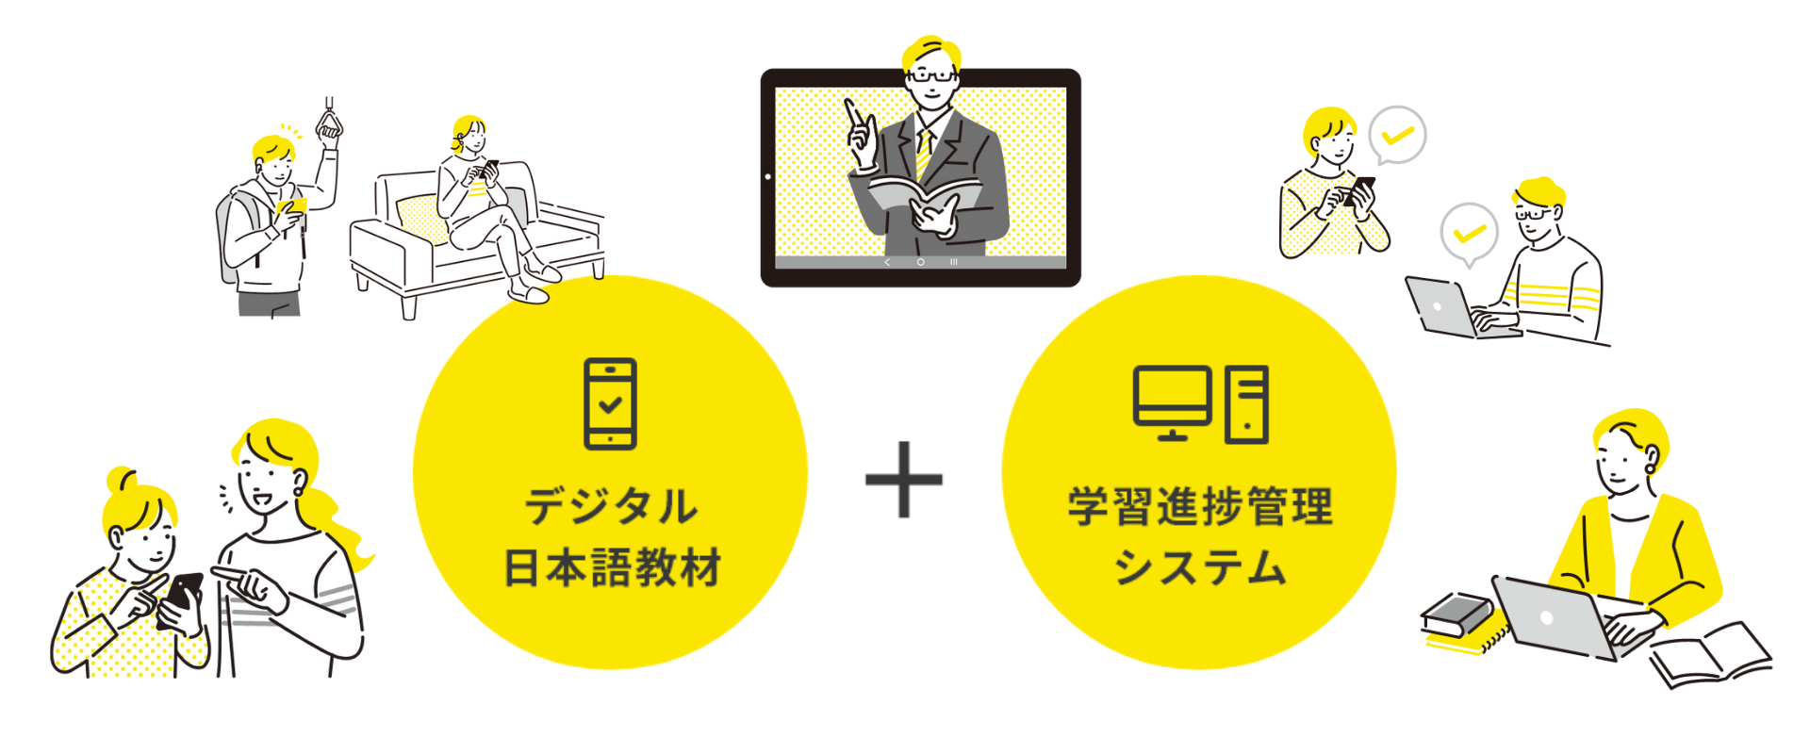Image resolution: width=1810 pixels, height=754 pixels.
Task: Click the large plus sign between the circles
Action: point(904,480)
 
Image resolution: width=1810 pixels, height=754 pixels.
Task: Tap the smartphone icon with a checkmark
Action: point(610,403)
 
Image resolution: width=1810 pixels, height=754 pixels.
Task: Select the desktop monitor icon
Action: point(1172,400)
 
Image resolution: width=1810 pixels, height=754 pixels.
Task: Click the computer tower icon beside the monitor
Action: point(1246,404)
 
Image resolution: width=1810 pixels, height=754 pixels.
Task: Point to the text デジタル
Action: point(611,506)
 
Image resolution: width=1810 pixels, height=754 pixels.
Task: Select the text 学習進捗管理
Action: point(1200,506)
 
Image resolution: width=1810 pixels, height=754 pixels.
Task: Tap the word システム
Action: point(1200,567)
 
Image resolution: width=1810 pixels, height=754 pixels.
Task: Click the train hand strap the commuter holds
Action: point(328,122)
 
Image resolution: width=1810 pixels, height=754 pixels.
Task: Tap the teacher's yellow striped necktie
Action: point(924,151)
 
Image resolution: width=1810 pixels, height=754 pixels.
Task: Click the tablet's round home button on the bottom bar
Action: point(920,262)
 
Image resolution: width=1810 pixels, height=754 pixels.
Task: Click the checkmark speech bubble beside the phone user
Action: point(1397,135)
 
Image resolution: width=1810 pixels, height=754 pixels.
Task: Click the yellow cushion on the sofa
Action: point(421,219)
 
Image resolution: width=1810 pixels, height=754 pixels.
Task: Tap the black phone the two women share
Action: point(183,597)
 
